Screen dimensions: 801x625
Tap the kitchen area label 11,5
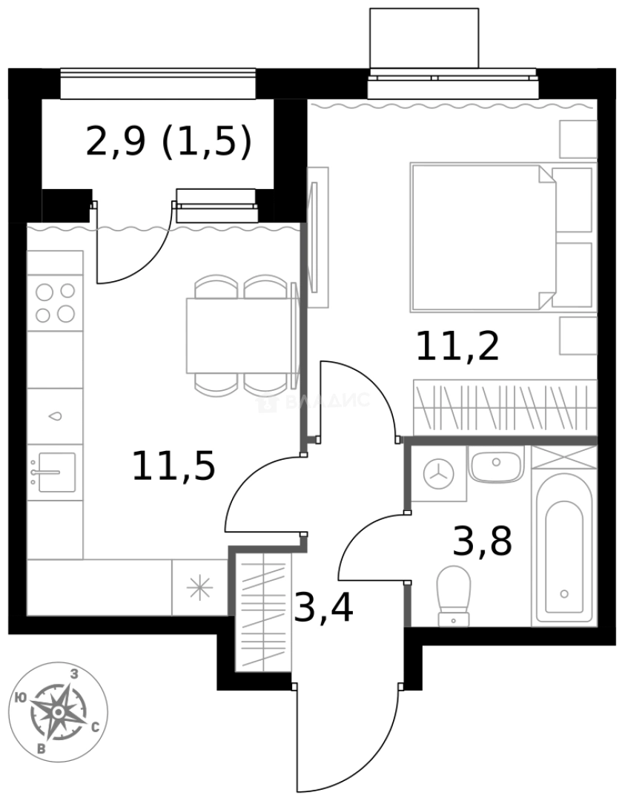[x=173, y=467]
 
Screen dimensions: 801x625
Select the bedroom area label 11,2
[x=457, y=346]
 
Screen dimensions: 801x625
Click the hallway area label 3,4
[x=323, y=607]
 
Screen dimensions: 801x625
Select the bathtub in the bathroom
[x=564, y=550]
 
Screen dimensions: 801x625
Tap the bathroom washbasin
[x=496, y=464]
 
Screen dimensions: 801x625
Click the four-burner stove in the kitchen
[x=55, y=303]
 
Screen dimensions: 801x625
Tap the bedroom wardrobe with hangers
[x=504, y=407]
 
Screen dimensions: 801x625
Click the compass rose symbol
[x=58, y=711]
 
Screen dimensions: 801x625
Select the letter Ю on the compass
[x=22, y=697]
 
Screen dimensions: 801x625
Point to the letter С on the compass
[x=95, y=728]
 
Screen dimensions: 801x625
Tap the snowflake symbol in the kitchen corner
[x=199, y=588]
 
